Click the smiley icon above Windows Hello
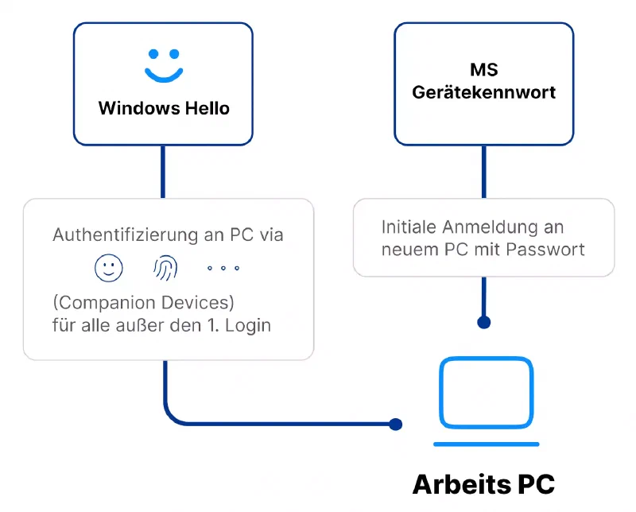click(x=163, y=65)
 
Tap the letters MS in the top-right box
click(x=483, y=72)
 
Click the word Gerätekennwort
click(x=483, y=92)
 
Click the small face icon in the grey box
click(x=109, y=269)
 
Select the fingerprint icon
click(x=165, y=269)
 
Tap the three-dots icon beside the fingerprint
click(x=223, y=269)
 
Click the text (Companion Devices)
click(x=144, y=304)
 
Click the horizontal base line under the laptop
click(x=486, y=444)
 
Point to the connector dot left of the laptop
click(x=396, y=424)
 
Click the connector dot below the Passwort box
click(x=483, y=322)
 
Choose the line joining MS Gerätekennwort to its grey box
click(x=483, y=172)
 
